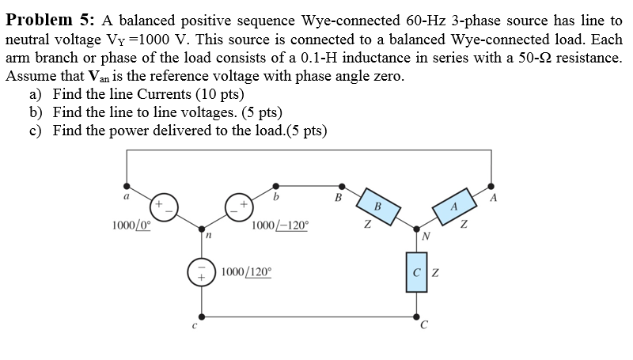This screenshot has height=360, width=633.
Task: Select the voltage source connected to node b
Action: tap(239, 207)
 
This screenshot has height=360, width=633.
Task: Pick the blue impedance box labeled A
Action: tap(453, 205)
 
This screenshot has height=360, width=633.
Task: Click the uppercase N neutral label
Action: tap(426, 234)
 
